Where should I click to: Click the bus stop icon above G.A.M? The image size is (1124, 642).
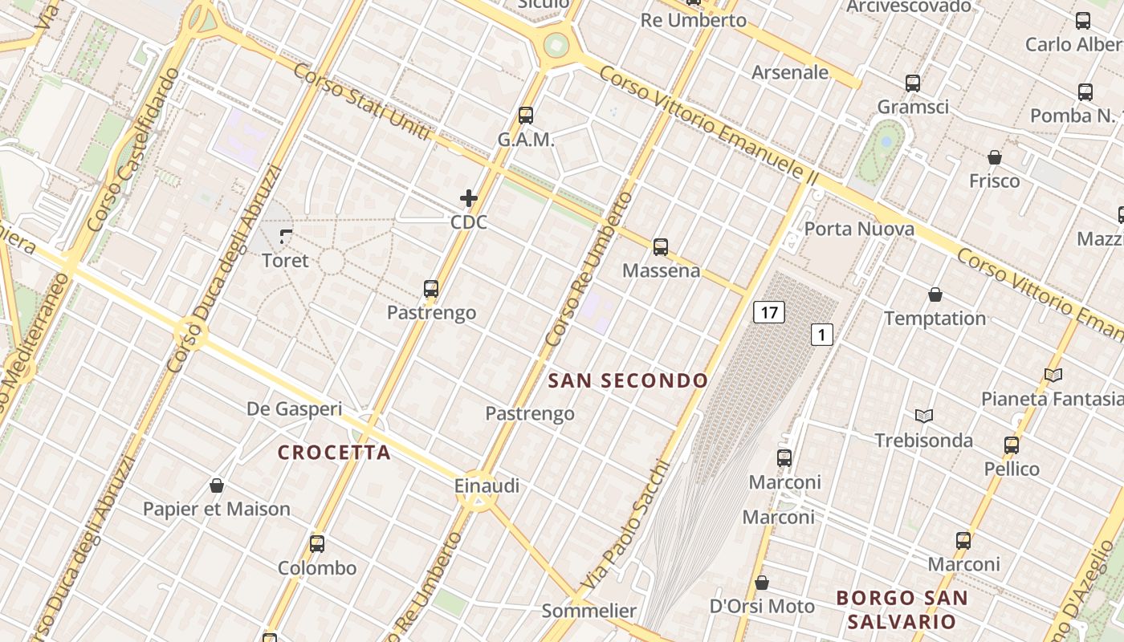tap(526, 115)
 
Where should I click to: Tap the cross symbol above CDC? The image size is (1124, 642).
tap(469, 197)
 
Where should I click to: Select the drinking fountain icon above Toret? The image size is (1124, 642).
tap(286, 236)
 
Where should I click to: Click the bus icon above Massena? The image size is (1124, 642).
tap(661, 246)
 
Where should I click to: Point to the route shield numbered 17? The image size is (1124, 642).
tap(768, 311)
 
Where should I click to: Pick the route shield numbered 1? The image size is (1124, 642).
tap(821, 334)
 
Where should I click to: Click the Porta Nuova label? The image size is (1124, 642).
tap(859, 229)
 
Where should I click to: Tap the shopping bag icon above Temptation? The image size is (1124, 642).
tap(935, 295)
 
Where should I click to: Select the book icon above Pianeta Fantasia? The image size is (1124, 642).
tap(1053, 375)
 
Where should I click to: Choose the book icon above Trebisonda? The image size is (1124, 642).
tap(924, 416)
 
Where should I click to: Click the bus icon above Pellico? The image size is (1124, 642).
tap(1012, 445)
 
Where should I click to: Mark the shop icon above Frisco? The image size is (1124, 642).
tap(995, 157)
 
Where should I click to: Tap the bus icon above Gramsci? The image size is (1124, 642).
tap(913, 83)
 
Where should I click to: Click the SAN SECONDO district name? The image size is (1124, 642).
tap(628, 380)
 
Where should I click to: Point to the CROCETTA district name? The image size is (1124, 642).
tap(334, 453)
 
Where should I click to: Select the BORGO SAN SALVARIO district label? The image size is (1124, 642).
tap(902, 609)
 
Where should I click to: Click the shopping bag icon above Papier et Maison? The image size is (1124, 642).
tap(216, 486)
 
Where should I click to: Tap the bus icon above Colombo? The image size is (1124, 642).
tap(317, 544)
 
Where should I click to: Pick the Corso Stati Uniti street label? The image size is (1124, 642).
tap(362, 102)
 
